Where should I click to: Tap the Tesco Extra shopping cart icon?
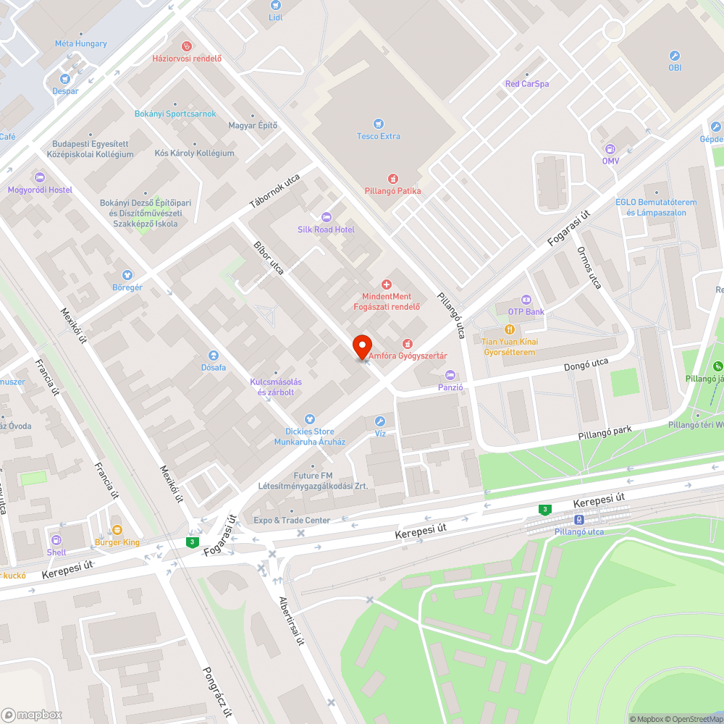[x=378, y=123]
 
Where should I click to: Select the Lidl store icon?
[x=275, y=5]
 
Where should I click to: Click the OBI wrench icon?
[x=675, y=55]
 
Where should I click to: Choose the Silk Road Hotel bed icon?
[x=326, y=216]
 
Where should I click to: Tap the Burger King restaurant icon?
[x=117, y=529]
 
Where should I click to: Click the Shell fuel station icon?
[x=56, y=539]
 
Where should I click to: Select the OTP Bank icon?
[x=526, y=299]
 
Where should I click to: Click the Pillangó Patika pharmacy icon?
[x=392, y=178]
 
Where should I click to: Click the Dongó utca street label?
[x=586, y=366]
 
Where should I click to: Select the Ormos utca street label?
[x=589, y=267]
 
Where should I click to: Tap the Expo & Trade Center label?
[x=292, y=520]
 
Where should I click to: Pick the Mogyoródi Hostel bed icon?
[x=40, y=177]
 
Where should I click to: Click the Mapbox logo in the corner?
[x=32, y=715]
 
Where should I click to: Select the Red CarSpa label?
[x=526, y=84]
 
